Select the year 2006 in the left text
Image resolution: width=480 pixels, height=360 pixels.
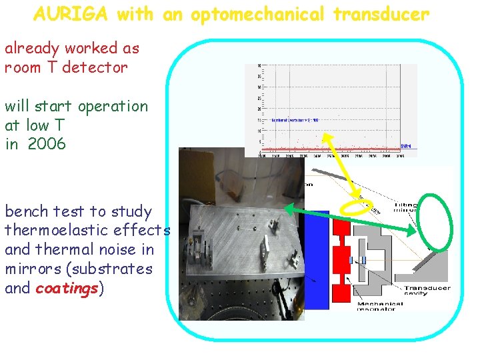tap(47, 143)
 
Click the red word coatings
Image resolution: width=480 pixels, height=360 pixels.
tap(67, 288)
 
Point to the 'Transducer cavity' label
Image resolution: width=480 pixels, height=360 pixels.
tap(427, 292)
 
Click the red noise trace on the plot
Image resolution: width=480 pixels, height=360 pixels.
tap(333, 147)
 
